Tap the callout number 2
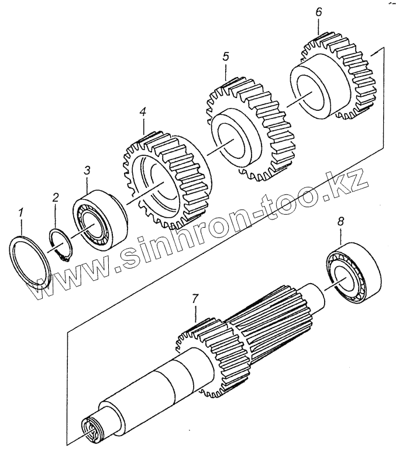tap(55, 197)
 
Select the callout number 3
tap(87, 170)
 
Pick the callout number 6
tap(318, 12)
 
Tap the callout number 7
tap(195, 298)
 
